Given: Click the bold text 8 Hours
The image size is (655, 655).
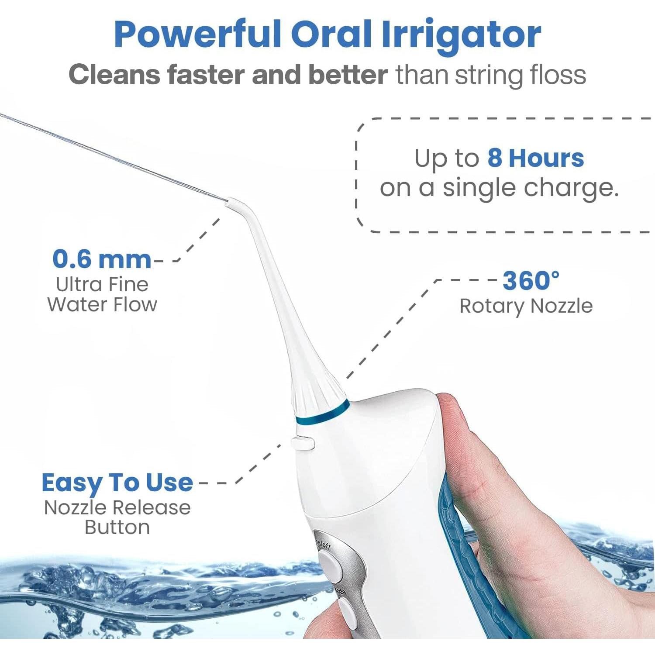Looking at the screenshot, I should pos(535,158).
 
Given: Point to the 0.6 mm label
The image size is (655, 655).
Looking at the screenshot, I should pos(101,259).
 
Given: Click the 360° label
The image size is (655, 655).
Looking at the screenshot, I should pos(530,280).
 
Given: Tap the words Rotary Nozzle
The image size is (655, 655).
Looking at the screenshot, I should pos(526,306).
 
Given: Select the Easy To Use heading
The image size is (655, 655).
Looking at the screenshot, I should pos(117,483).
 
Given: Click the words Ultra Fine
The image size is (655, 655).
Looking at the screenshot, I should pos(102,285).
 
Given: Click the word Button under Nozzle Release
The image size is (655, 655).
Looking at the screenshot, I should pos(117,527).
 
